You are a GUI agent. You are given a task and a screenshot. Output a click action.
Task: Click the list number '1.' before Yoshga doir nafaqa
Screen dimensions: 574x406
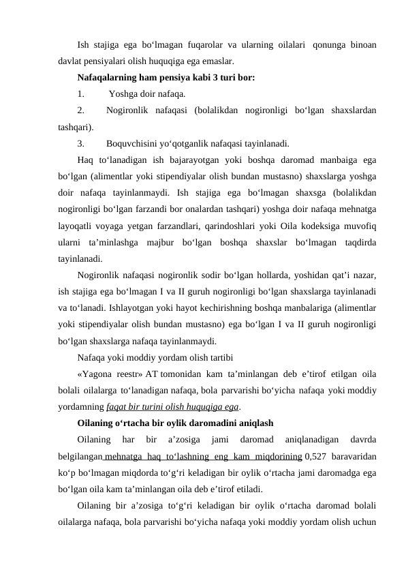coord(81,93)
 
